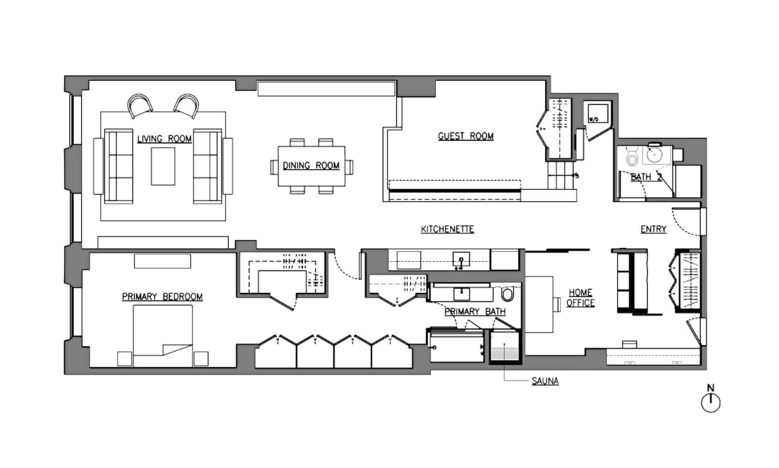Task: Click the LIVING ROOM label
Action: pyautogui.click(x=164, y=139)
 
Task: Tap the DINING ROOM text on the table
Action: pyautogui.click(x=311, y=166)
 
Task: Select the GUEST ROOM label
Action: pyautogui.click(x=465, y=136)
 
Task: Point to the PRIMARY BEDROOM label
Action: pyautogui.click(x=162, y=297)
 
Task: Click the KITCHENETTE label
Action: pyautogui.click(x=447, y=229)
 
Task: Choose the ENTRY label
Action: pyautogui.click(x=653, y=229)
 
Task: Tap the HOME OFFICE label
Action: pyautogui.click(x=580, y=298)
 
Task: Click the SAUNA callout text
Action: pyautogui.click(x=545, y=381)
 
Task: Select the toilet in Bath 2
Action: pyautogui.click(x=632, y=156)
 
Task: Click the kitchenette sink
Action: pyautogui.click(x=461, y=261)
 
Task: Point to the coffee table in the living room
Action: pyautogui.click(x=163, y=166)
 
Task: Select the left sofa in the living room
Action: pyautogui.click(x=119, y=166)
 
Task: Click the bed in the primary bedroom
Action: pyautogui.click(x=163, y=336)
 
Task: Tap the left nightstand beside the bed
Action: pyautogui.click(x=125, y=359)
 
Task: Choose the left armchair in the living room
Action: pyautogui.click(x=140, y=106)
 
